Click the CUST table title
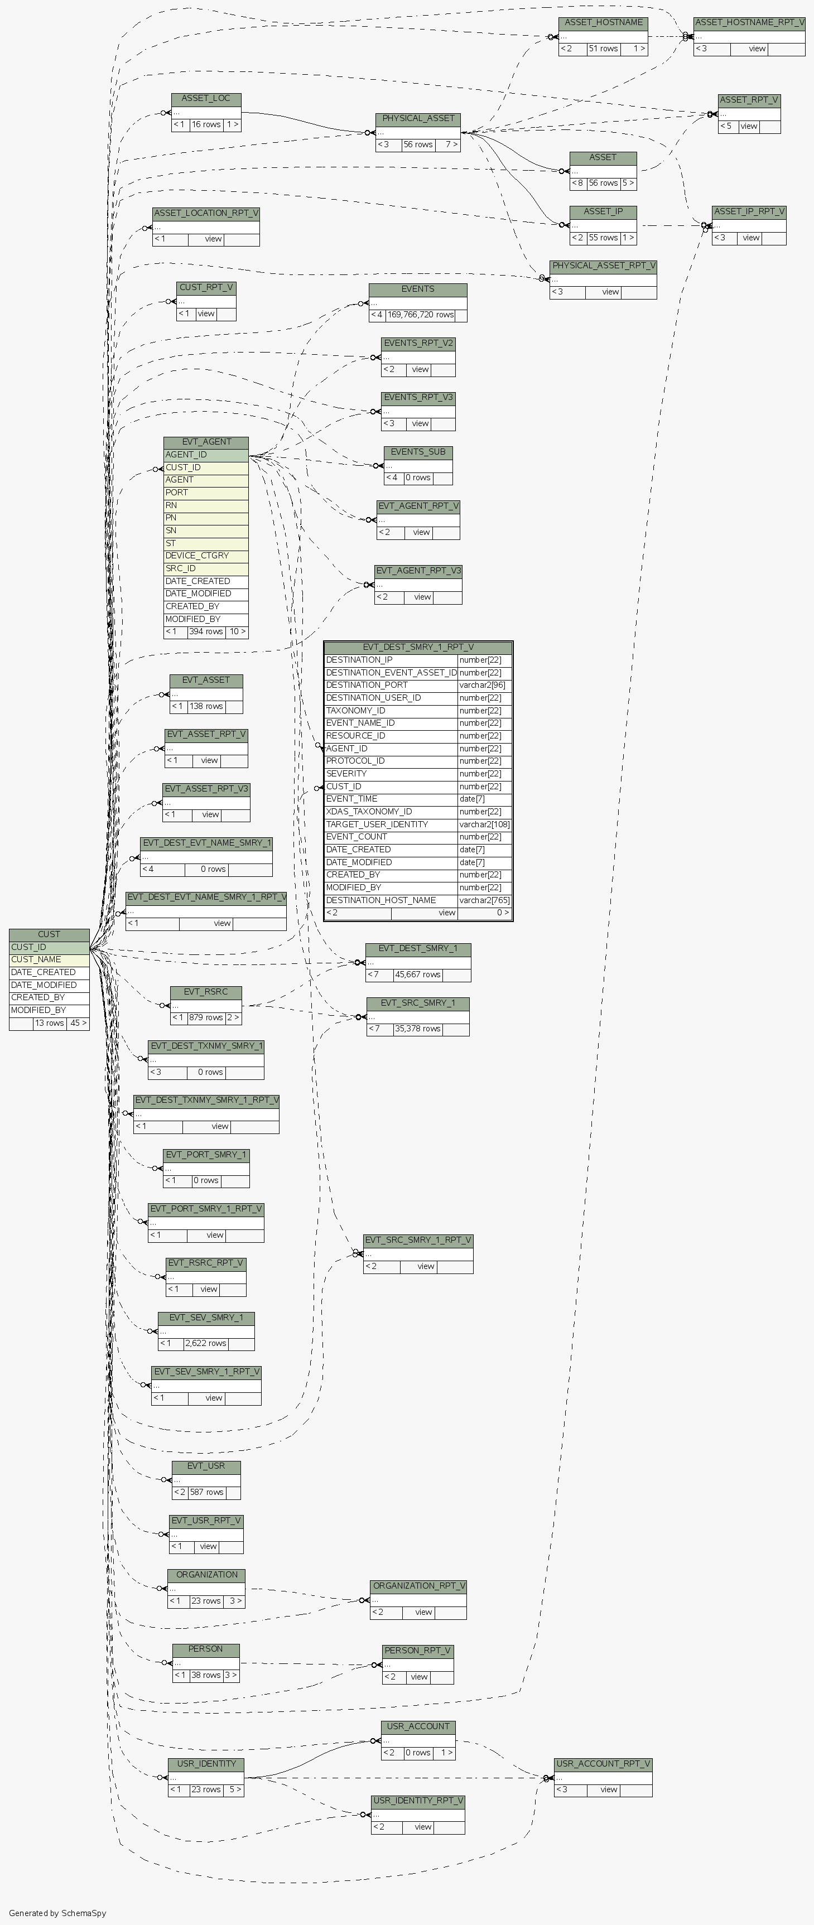[49, 934]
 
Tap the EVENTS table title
[418, 289]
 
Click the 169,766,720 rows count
[421, 315]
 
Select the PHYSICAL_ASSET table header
[418, 119]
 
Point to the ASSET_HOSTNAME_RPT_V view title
[749, 22]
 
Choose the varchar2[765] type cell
[484, 900]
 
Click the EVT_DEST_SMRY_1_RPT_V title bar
[418, 647]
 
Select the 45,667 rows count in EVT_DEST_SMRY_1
[418, 974]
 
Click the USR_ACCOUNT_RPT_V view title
[603, 1764]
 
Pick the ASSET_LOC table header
[205, 99]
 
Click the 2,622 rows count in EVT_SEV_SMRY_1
[205, 1343]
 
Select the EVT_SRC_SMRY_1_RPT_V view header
[418, 1240]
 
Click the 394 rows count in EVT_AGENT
[205, 631]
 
